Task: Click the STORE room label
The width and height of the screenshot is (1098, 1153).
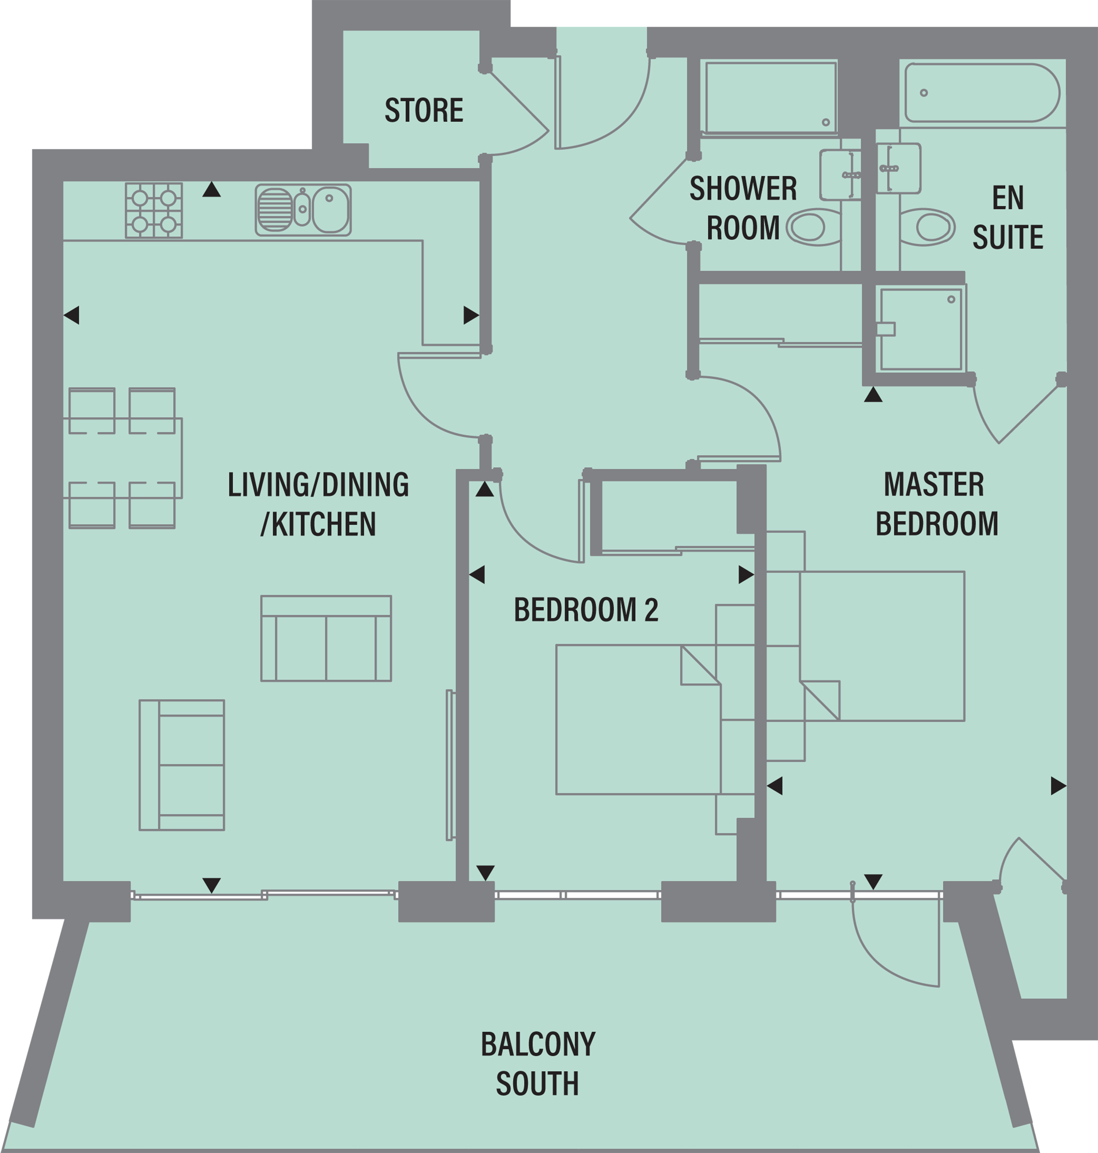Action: point(424,110)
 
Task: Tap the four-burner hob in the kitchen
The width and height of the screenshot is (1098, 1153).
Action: point(154,210)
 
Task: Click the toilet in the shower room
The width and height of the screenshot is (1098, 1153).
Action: point(810,226)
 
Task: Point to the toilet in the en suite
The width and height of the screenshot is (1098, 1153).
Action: point(931,226)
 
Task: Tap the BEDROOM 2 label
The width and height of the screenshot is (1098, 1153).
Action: point(586,610)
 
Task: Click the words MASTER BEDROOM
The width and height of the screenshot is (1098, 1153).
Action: point(936,504)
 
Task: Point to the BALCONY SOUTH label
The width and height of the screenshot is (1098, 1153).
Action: point(537,1064)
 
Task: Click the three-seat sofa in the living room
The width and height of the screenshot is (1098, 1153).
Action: point(326,639)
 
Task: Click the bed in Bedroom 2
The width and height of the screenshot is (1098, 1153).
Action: point(638,720)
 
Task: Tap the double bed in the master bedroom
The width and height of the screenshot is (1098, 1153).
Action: point(881,646)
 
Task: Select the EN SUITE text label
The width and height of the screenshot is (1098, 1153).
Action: point(1007,217)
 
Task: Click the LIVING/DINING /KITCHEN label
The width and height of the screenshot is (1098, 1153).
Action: point(318,504)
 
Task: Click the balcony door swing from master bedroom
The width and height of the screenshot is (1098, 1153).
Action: point(896,942)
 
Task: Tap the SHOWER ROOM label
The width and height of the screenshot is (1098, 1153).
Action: point(743,208)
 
